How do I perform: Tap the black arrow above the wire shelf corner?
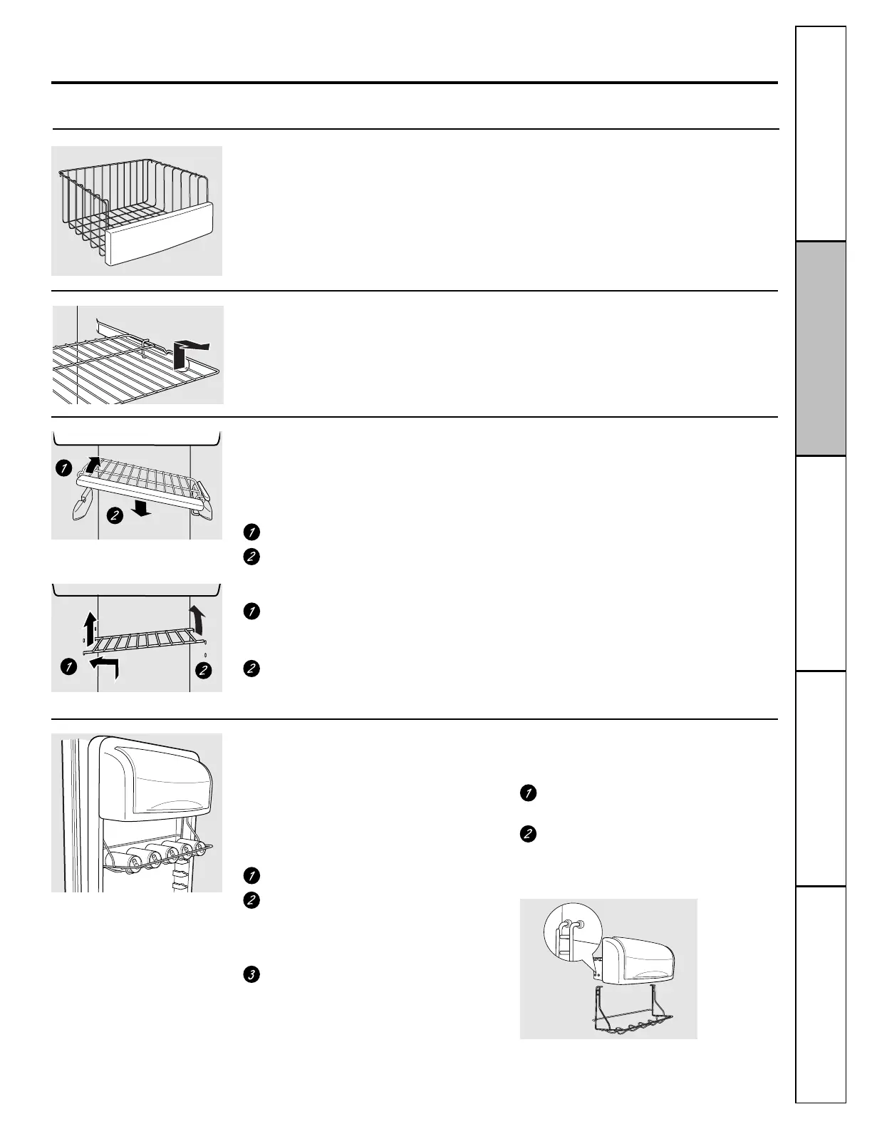click(x=186, y=351)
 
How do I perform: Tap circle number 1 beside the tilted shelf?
click(x=64, y=469)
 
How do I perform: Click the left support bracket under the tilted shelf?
click(x=80, y=502)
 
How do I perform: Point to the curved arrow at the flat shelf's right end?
click(x=197, y=620)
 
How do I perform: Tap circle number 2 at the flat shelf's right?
click(x=204, y=670)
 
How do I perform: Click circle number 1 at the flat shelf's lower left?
click(x=68, y=668)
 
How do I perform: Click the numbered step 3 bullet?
click(x=251, y=974)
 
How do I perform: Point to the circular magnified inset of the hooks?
click(x=569, y=938)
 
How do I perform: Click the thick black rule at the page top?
click(x=414, y=83)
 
